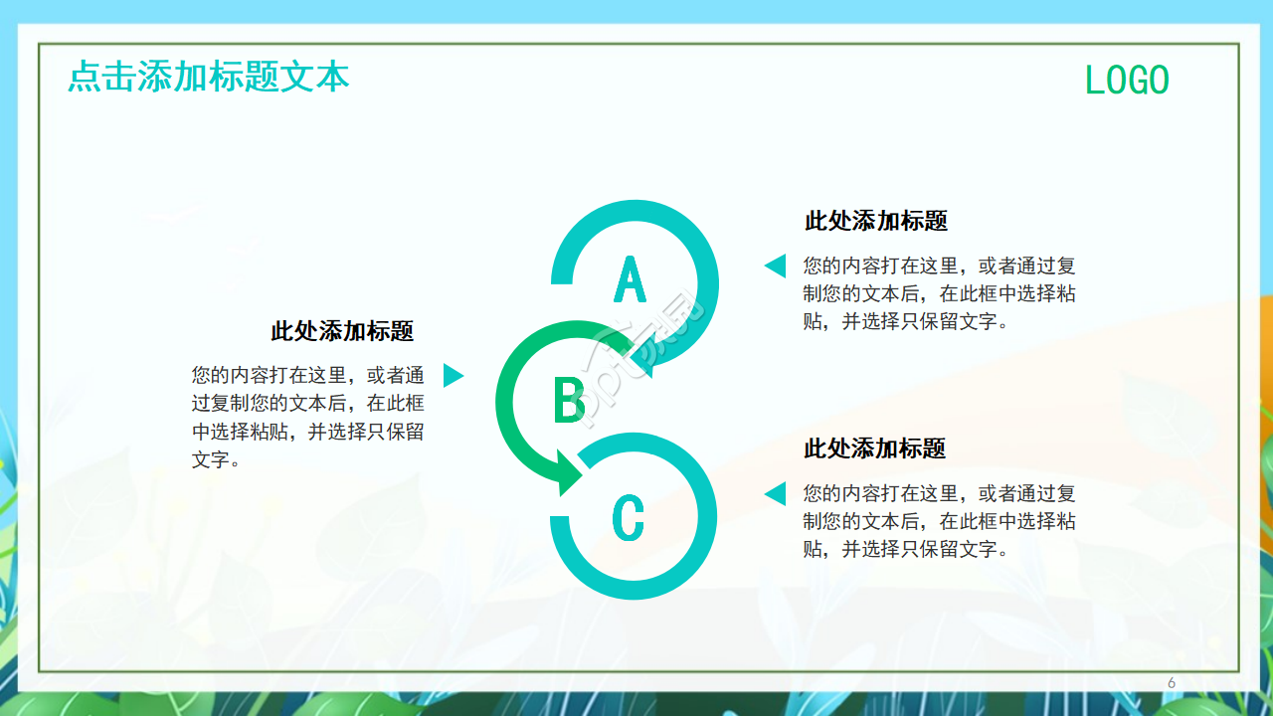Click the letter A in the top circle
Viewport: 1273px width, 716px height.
(630, 278)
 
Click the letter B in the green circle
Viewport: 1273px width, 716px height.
(569, 400)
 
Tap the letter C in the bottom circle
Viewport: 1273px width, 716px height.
(628, 518)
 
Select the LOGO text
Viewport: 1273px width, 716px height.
(1127, 81)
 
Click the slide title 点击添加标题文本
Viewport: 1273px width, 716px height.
(209, 77)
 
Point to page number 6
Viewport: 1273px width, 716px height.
(1172, 682)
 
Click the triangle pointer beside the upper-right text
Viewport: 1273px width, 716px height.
(775, 266)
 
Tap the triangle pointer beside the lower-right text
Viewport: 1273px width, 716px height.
(775, 493)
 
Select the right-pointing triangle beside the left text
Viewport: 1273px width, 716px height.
(453, 375)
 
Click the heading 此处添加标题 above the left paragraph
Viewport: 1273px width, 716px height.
(342, 331)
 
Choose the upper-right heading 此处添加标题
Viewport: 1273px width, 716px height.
(875, 221)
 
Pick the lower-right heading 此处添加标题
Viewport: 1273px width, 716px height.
(874, 448)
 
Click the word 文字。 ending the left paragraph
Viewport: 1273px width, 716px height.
(216, 459)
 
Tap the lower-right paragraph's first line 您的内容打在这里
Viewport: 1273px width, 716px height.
(939, 493)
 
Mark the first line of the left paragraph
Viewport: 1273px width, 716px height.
(307, 376)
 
